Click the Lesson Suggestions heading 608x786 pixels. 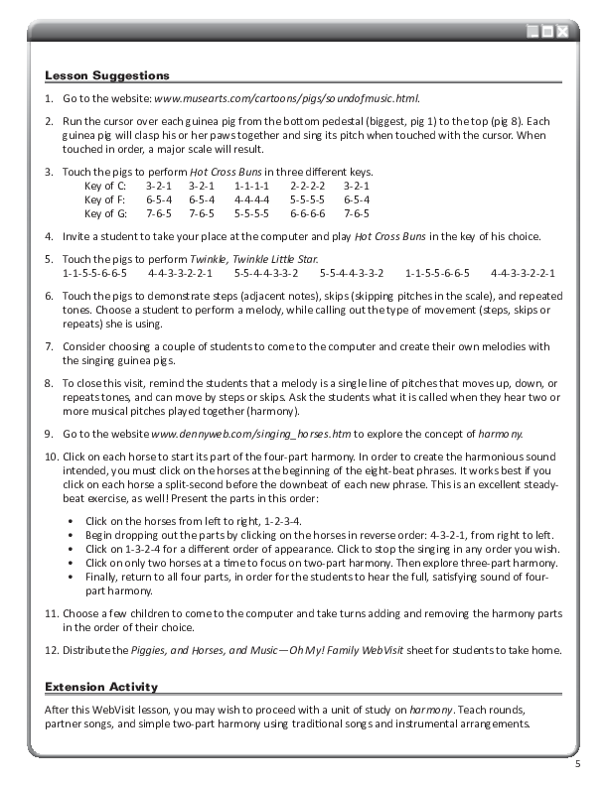[107, 75]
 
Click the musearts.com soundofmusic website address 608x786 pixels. [286, 99]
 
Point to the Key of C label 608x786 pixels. [105, 186]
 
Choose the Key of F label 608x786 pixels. [105, 199]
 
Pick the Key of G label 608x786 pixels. [105, 213]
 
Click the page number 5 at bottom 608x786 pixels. [577, 764]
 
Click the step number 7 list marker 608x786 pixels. [50, 346]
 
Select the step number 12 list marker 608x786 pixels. [52, 651]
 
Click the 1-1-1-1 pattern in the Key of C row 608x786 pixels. [251, 186]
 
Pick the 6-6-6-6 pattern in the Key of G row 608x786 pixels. [308, 213]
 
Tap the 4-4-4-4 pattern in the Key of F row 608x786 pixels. [251, 199]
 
